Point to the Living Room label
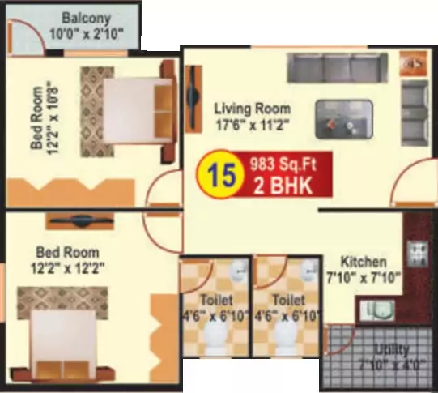(x=252, y=109)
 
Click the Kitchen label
(x=363, y=263)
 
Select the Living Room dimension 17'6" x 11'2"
(x=253, y=126)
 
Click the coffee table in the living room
(x=344, y=118)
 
